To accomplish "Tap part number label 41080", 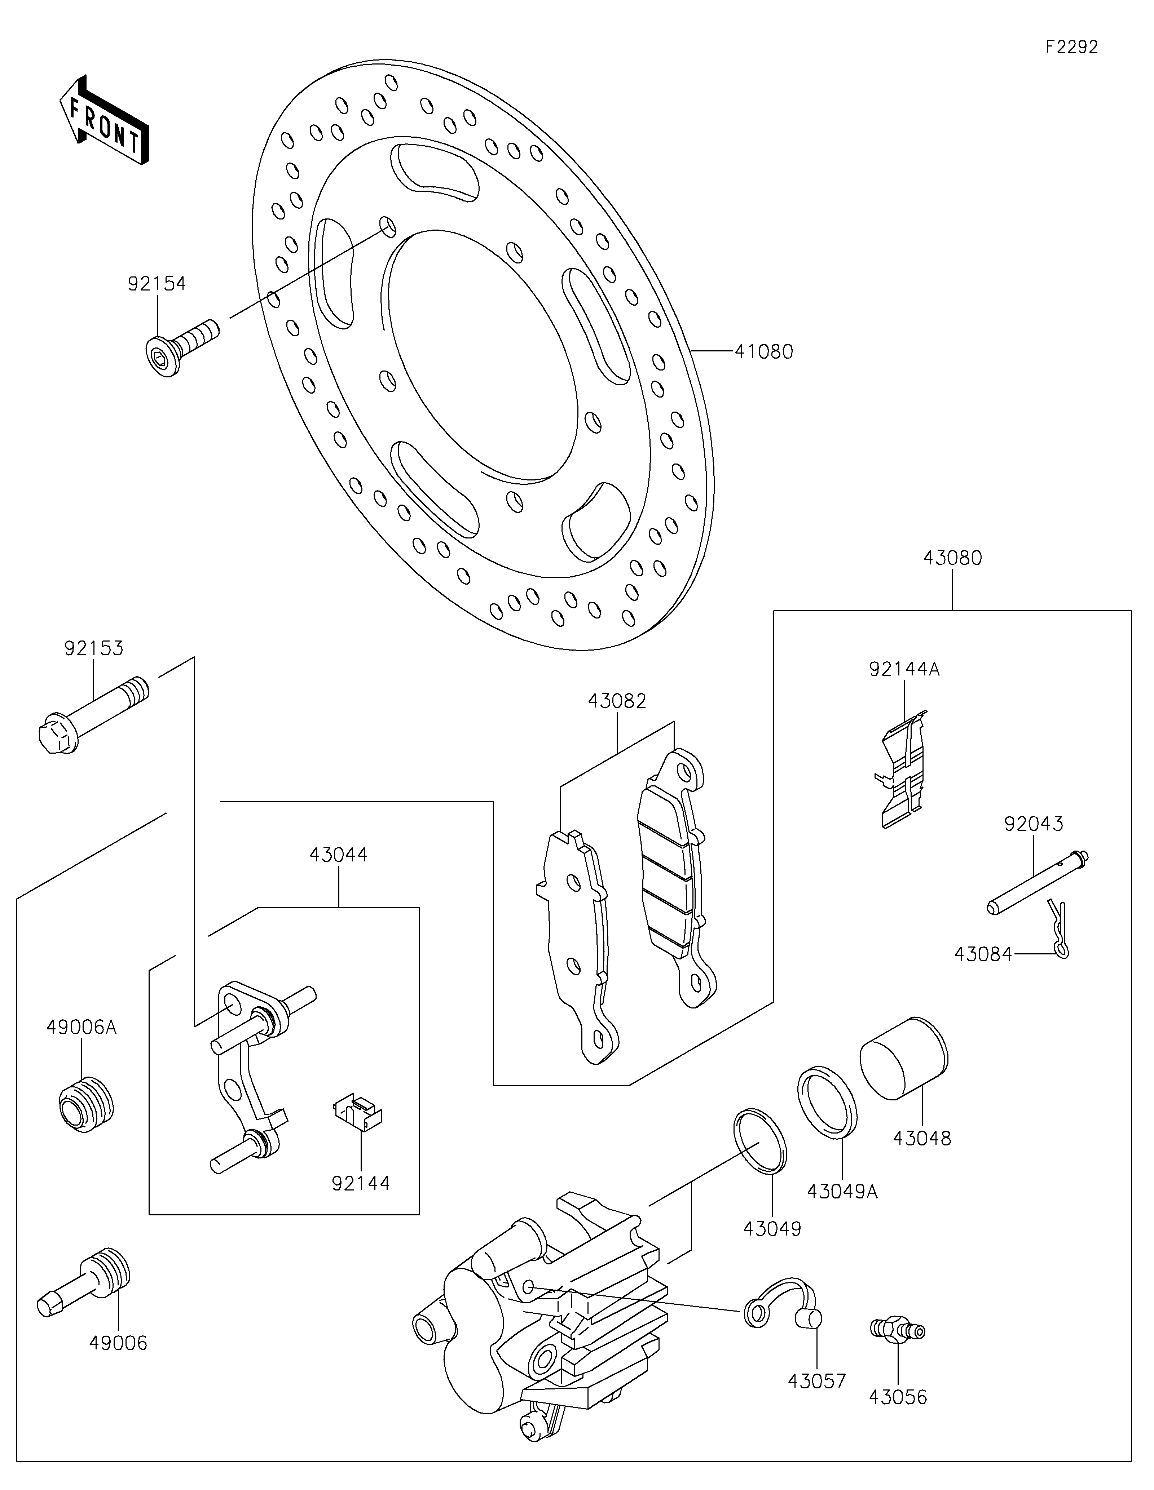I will coord(764,352).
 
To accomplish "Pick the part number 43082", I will coord(617,701).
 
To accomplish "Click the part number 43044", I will coord(339,854).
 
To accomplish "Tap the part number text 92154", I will coord(157,284).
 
